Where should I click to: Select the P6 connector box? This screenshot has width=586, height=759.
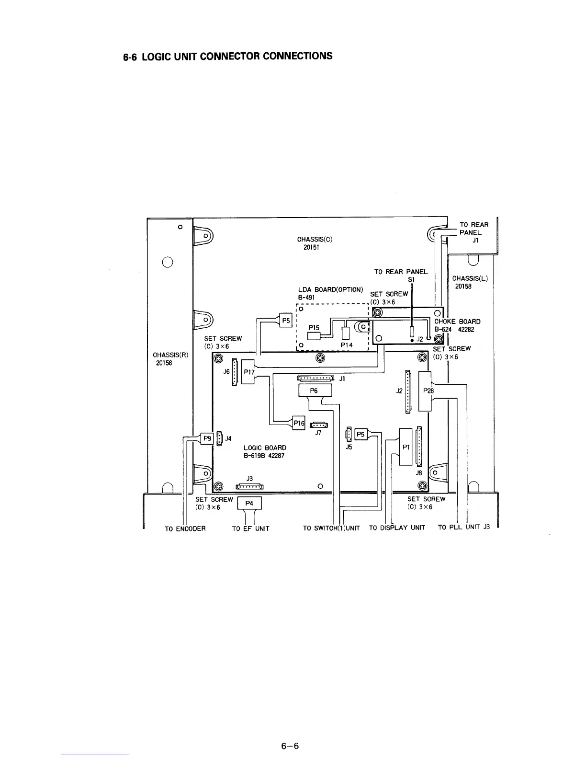315,391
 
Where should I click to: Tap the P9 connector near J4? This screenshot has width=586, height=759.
207,438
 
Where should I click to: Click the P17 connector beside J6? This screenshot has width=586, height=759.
249,371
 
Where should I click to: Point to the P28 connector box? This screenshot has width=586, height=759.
426,391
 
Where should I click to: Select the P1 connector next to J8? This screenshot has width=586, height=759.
406,447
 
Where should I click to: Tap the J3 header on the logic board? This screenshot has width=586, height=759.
249,487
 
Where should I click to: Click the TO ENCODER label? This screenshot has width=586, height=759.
185,529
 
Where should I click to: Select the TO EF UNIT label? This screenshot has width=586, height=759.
250,529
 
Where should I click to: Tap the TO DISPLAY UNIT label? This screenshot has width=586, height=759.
397,528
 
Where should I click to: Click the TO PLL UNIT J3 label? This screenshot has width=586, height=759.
464,528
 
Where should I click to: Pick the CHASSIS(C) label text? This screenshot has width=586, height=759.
315,239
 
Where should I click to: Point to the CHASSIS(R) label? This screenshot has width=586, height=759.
170,355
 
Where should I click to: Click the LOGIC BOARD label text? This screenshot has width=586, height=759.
265,448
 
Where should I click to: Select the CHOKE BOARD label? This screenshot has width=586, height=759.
457,322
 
